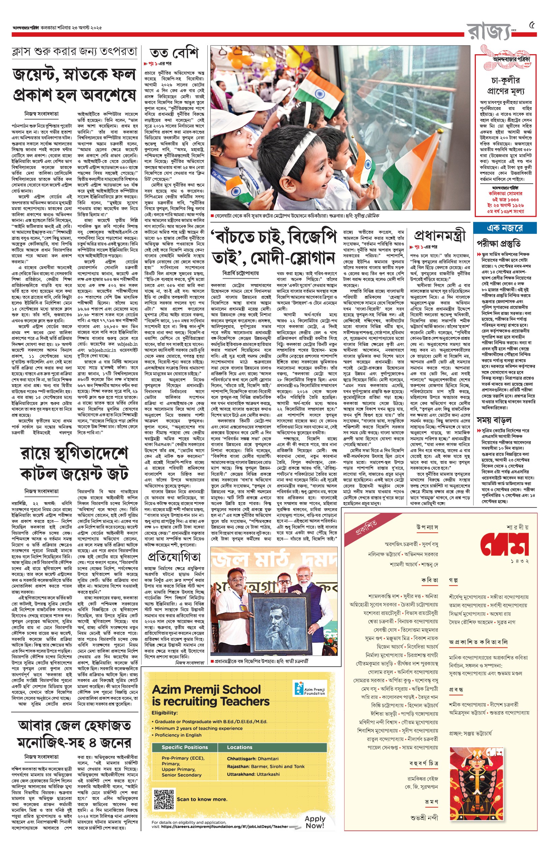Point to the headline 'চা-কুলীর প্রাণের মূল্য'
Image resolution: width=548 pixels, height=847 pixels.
pyautogui.click(x=506, y=86)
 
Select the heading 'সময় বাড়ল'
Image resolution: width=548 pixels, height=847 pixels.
pyautogui.click(x=494, y=420)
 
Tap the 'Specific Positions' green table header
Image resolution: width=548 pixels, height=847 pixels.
pyautogui.click(x=185, y=748)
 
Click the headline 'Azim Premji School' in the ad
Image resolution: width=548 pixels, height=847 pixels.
pyautogui.click(x=206, y=690)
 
